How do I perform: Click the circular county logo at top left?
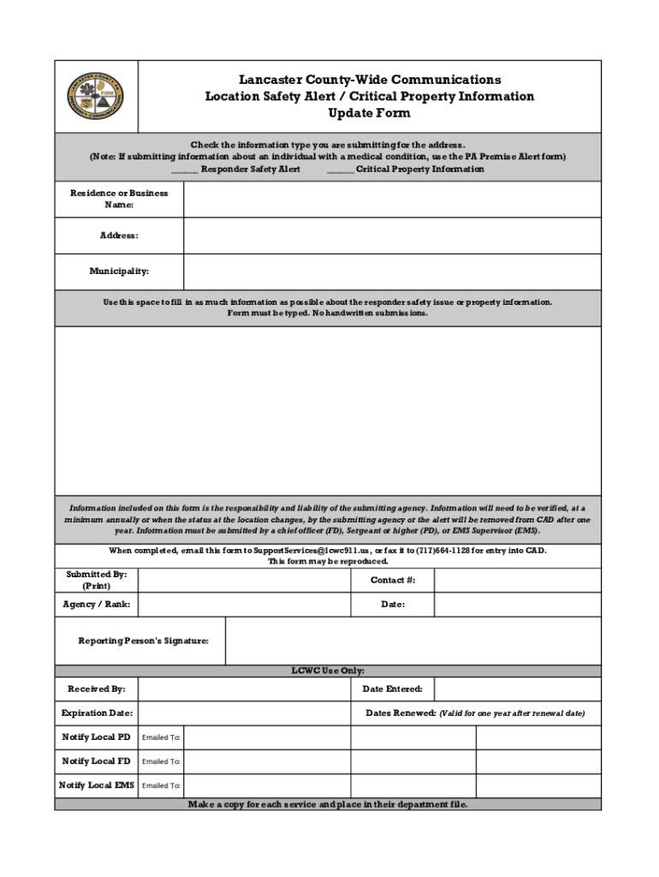click(x=96, y=97)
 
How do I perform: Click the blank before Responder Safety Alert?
click(x=184, y=170)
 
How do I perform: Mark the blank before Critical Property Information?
click(x=340, y=170)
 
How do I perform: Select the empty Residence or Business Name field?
click(x=392, y=200)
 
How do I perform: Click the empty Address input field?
click(x=392, y=236)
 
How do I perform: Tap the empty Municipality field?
click(x=392, y=271)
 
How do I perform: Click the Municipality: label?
click(x=119, y=271)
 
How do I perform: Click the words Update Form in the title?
click(x=369, y=113)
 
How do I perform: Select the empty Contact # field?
click(x=517, y=581)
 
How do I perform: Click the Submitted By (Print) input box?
click(x=244, y=581)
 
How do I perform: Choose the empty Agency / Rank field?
click(x=244, y=605)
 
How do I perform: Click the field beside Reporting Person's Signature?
click(x=413, y=641)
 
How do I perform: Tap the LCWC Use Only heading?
click(x=328, y=671)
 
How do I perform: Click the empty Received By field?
click(x=244, y=689)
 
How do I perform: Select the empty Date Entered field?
click(x=517, y=689)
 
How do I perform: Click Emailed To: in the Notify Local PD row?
click(x=161, y=737)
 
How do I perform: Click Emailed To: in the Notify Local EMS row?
click(x=161, y=785)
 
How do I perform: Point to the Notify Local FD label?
click(x=96, y=761)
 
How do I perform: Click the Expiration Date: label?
click(x=97, y=713)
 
